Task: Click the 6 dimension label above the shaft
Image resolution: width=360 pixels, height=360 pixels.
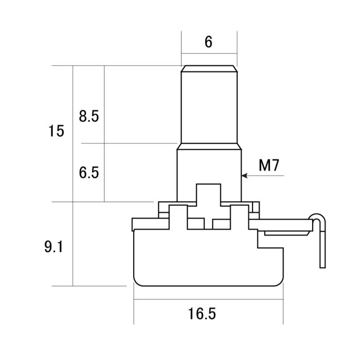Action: tap(208, 42)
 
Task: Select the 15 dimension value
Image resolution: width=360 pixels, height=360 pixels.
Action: tap(57, 131)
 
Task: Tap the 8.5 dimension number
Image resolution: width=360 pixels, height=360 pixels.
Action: tap(88, 116)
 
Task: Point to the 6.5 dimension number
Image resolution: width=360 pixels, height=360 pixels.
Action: tap(88, 172)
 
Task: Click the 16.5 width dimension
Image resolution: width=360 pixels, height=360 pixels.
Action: tap(202, 313)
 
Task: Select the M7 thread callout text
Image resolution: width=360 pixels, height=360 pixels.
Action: tap(269, 165)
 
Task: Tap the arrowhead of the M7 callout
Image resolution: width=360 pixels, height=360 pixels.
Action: tap(244, 175)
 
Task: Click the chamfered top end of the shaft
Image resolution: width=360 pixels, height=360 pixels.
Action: tap(209, 68)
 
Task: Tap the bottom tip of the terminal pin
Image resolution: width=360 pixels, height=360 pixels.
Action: tap(322, 265)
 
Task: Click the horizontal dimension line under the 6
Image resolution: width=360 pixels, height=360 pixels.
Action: tap(209, 53)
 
